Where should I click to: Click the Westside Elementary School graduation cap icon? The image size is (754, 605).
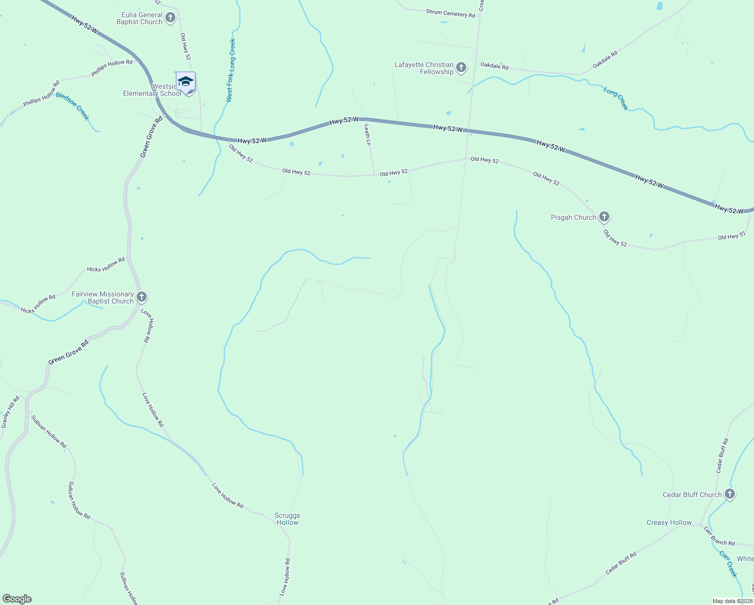pyautogui.click(x=185, y=82)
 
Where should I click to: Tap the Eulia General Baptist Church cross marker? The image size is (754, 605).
pyautogui.click(x=170, y=18)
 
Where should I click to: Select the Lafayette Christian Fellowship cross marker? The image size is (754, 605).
pyautogui.click(x=461, y=68)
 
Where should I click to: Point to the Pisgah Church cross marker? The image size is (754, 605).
pyautogui.click(x=604, y=217)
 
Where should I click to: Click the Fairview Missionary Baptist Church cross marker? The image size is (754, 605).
pyautogui.click(x=142, y=297)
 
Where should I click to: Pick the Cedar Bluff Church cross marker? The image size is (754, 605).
pyautogui.click(x=729, y=495)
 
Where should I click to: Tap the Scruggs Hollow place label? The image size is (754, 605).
pyautogui.click(x=287, y=519)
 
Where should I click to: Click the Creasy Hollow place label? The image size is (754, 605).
pyautogui.click(x=669, y=522)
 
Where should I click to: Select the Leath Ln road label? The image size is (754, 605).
pyautogui.click(x=368, y=135)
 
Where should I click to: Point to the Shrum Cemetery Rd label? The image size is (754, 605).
pyautogui.click(x=450, y=13)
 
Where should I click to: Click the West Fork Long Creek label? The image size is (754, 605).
pyautogui.click(x=231, y=70)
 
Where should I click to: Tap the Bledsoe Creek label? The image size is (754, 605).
pyautogui.click(x=73, y=106)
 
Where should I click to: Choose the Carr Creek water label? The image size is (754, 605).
pyautogui.click(x=728, y=564)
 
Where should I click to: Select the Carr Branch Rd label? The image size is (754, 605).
pyautogui.click(x=719, y=536)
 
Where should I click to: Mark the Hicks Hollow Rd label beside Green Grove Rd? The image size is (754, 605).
pyautogui.click(x=106, y=265)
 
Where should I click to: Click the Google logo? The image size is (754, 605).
pyautogui.click(x=17, y=599)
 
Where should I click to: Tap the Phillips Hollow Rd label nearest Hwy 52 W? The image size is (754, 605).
pyautogui.click(x=112, y=68)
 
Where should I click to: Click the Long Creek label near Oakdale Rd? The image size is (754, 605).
pyautogui.click(x=616, y=98)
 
